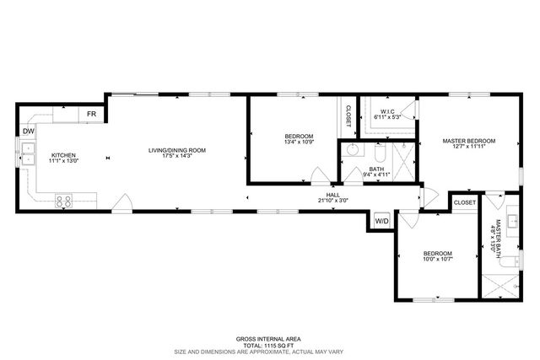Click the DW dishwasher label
point(29,131)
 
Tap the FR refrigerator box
point(90,113)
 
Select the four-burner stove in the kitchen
point(63,201)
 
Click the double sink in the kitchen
point(28,153)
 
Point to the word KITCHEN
point(63,155)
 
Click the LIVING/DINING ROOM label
point(177,150)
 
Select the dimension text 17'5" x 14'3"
point(177,157)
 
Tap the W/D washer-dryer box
point(381,221)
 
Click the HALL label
point(333,195)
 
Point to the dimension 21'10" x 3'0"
point(333,201)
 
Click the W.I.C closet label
point(387,111)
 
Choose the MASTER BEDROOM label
point(468,141)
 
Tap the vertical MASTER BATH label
point(499,236)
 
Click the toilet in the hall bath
point(379,157)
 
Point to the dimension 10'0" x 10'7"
point(437,260)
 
